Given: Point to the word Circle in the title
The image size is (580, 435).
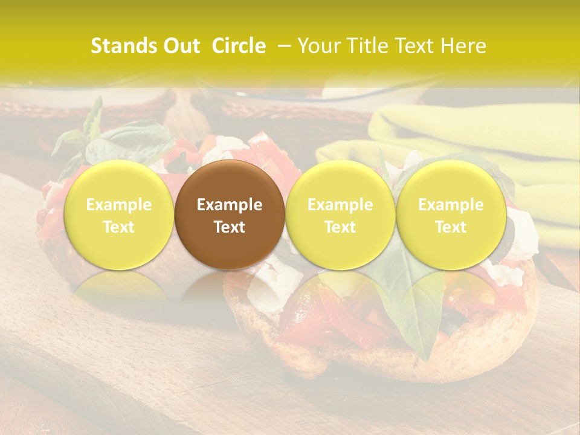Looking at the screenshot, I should [239, 46].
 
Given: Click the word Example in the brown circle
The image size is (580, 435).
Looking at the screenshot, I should [230, 205].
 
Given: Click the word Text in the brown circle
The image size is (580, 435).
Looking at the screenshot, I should [230, 227].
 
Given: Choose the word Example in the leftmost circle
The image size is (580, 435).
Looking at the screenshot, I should [119, 205].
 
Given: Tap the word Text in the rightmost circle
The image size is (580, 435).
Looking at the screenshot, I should [451, 227].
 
